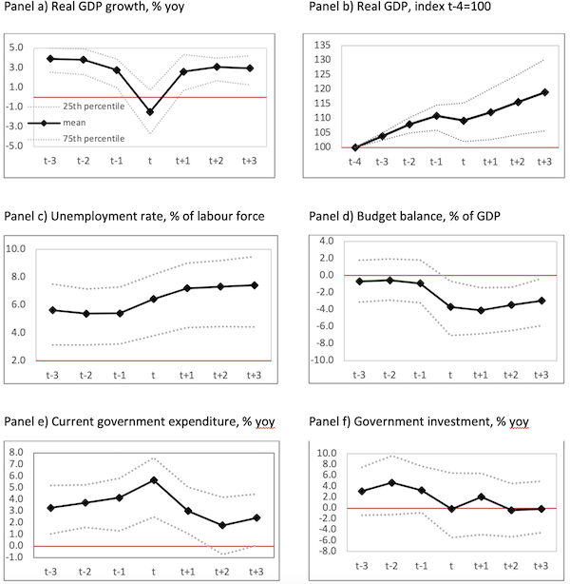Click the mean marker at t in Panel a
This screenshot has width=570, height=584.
click(x=150, y=112)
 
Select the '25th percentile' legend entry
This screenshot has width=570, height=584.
click(x=94, y=107)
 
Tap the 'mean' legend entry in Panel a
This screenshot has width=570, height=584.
click(x=74, y=123)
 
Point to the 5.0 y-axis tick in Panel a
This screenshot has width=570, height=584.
click(x=16, y=48)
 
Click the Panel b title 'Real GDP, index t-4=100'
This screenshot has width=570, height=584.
click(x=424, y=7)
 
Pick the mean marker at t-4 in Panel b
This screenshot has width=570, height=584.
click(x=355, y=147)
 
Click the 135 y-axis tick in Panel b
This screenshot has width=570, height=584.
click(x=322, y=46)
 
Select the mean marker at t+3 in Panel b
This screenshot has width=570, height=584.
click(x=544, y=92)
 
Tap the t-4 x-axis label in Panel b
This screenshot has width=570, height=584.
click(x=355, y=162)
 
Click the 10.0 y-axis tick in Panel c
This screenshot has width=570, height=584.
click(x=15, y=249)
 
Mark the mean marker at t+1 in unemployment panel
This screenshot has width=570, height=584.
click(x=187, y=288)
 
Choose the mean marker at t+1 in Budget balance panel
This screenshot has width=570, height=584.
click(x=481, y=310)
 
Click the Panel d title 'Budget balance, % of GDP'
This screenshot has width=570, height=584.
click(x=428, y=217)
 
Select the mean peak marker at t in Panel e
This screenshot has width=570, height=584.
click(x=154, y=480)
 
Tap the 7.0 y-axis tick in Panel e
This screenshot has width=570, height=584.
click(x=16, y=464)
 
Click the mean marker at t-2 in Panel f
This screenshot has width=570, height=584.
click(x=391, y=483)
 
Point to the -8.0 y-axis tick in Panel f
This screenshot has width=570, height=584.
click(x=326, y=551)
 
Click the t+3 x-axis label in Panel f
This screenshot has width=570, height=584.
click(x=541, y=566)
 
